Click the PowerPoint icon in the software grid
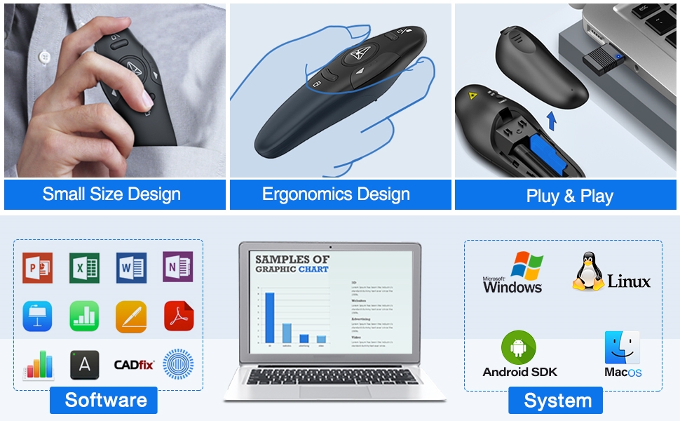[37, 267]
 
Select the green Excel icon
[84, 267]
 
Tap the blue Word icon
[131, 267]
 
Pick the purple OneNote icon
[177, 267]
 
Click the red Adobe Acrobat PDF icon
[177, 316]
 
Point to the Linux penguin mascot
[589, 271]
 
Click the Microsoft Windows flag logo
[526, 267]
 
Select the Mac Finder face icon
[622, 347]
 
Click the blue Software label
[106, 400]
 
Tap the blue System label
[557, 401]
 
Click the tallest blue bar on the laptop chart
[269, 317]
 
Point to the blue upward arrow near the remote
[551, 121]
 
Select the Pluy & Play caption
[569, 196]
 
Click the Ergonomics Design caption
[336, 194]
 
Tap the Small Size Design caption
[111, 194]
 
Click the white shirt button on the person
[45, 55]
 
